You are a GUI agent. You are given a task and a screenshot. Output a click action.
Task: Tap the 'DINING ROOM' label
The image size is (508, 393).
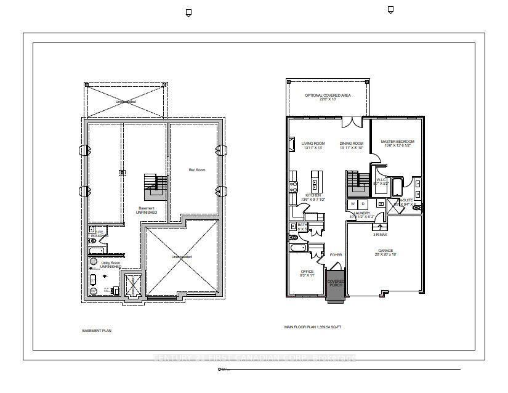352,143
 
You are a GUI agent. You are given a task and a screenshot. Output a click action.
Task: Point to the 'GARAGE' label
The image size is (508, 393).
385,251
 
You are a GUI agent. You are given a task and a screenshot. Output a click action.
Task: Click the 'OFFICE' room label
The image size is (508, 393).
307,272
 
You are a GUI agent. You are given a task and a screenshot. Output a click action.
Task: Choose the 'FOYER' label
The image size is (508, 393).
336,254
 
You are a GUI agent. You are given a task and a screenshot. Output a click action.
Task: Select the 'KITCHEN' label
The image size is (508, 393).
304,195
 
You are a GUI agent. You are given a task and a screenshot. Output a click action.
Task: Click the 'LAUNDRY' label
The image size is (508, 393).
361,213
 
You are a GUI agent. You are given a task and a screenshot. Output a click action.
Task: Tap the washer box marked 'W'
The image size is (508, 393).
353,203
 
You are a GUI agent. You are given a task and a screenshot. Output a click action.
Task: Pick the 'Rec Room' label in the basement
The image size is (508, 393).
196,169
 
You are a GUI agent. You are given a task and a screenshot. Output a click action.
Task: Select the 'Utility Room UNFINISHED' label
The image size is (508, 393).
110,265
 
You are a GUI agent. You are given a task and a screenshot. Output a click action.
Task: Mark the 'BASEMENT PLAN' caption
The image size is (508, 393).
97,331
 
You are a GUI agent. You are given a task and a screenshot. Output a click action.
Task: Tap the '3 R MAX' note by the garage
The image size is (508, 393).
379,235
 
